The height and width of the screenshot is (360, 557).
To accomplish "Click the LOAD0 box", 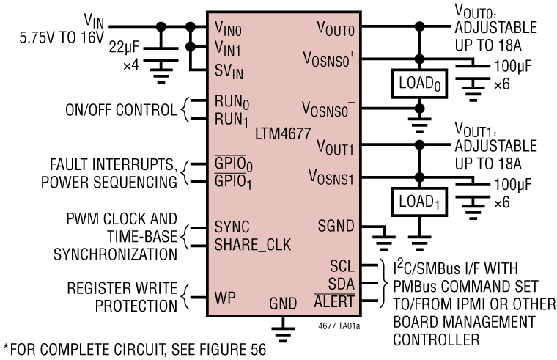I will pos(419,84).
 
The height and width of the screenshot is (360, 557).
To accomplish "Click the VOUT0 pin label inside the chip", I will pos(336,28).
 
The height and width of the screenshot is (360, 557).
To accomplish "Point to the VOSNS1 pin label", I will pos(331,178).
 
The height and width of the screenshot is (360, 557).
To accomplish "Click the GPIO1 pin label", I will pos(233,182).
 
